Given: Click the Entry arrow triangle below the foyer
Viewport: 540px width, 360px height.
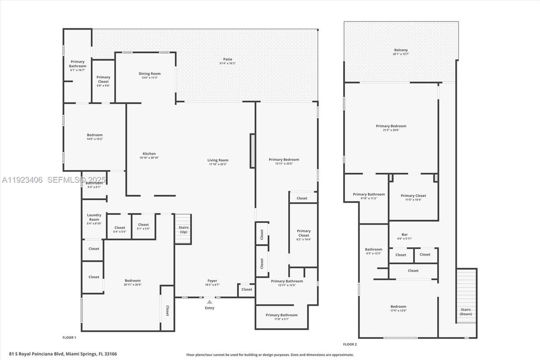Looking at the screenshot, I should tap(209, 302).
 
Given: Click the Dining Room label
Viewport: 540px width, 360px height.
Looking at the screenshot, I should tap(149, 74).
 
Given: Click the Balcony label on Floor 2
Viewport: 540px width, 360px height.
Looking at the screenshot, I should tap(401, 50).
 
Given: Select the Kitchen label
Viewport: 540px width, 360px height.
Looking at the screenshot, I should tap(149, 154).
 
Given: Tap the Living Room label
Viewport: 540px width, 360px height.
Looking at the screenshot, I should tap(218, 160).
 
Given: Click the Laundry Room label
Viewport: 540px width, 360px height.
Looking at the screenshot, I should tap(94, 217).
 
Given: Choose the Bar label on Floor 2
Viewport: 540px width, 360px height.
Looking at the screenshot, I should tap(404, 235).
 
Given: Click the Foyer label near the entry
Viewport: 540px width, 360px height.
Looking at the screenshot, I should tap(212, 281).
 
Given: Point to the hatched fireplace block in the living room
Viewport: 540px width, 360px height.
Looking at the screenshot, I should tap(252, 151).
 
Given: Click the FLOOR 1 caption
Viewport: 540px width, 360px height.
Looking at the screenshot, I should tap(69, 337).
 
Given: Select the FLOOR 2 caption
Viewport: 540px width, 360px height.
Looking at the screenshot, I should tap(350, 344).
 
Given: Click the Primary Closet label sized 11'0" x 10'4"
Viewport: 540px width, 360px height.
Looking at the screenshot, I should tap(413, 196).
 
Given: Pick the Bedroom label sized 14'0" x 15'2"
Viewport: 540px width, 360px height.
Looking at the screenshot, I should tap(94, 135).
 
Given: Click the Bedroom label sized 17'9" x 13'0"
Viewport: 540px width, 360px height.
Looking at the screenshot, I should tap(398, 307).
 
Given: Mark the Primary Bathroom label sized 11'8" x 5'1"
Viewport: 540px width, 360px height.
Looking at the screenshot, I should tap(281, 315).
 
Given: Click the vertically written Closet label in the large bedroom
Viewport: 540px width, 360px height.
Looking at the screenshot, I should tap(167, 311).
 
